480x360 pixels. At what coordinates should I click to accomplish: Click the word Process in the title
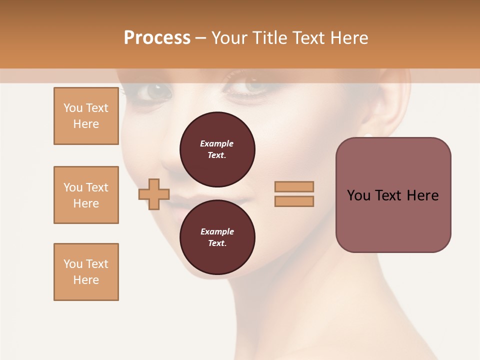tap(157, 38)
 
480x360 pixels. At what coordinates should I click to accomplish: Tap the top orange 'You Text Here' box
tap(86, 116)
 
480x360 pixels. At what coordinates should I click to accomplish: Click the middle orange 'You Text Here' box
tap(86, 195)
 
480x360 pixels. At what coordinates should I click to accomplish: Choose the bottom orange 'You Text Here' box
tap(86, 272)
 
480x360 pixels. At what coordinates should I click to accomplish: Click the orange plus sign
tap(154, 194)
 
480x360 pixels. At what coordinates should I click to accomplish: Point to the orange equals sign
tap(294, 194)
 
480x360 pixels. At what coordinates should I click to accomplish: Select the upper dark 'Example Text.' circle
tap(217, 149)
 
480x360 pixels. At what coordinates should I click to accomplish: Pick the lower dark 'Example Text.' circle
tap(217, 237)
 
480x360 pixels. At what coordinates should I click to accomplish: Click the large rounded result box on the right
tap(393, 195)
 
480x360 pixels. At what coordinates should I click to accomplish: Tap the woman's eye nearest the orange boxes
tap(156, 91)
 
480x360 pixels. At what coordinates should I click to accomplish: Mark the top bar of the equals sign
tap(294, 187)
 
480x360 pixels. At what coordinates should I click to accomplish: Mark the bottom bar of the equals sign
tap(294, 201)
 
